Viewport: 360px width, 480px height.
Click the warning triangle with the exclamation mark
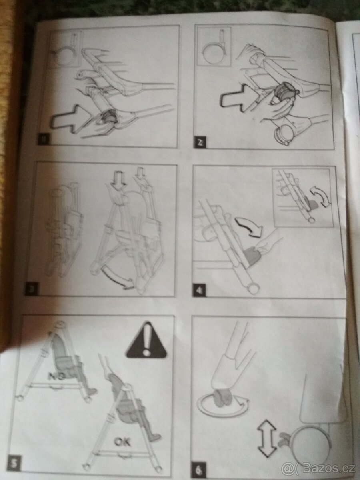click(146, 341)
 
